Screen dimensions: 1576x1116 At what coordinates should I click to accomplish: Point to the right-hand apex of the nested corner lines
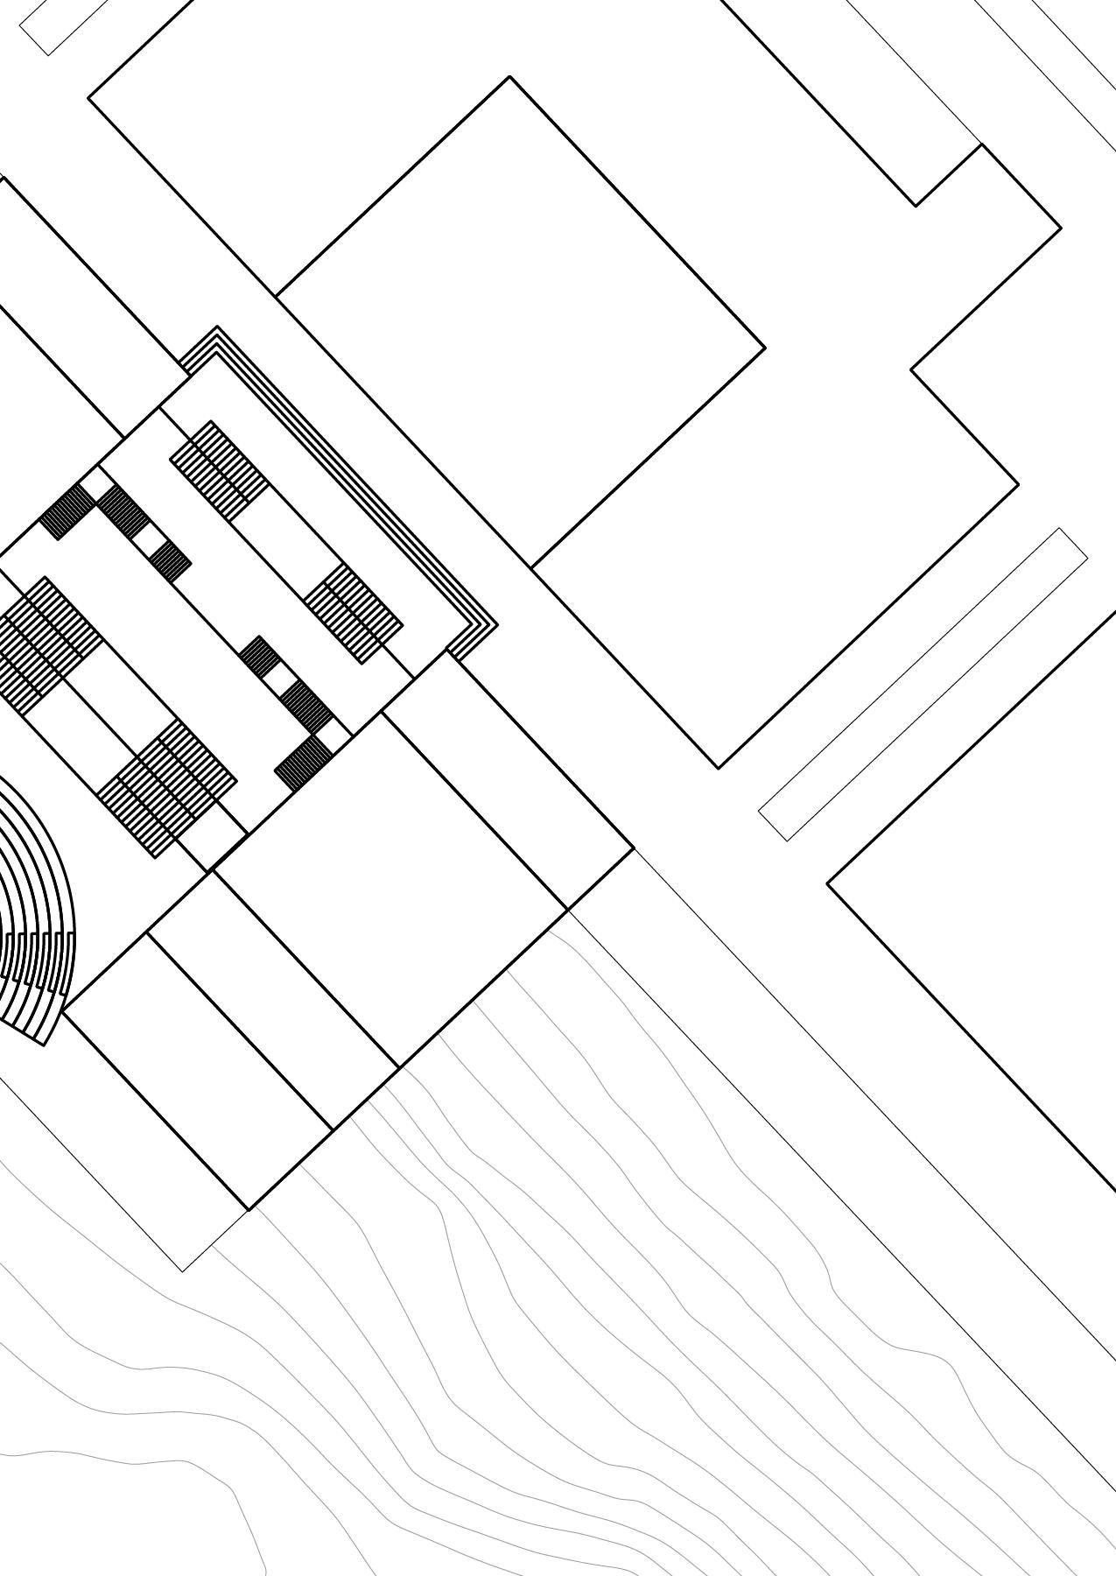click(x=496, y=625)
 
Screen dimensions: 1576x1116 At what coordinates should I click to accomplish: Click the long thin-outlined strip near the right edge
click(x=923, y=685)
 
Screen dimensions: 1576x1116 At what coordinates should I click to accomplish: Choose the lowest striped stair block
click(x=166, y=788)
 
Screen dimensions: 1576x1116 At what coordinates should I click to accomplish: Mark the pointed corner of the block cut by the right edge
click(x=828, y=883)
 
